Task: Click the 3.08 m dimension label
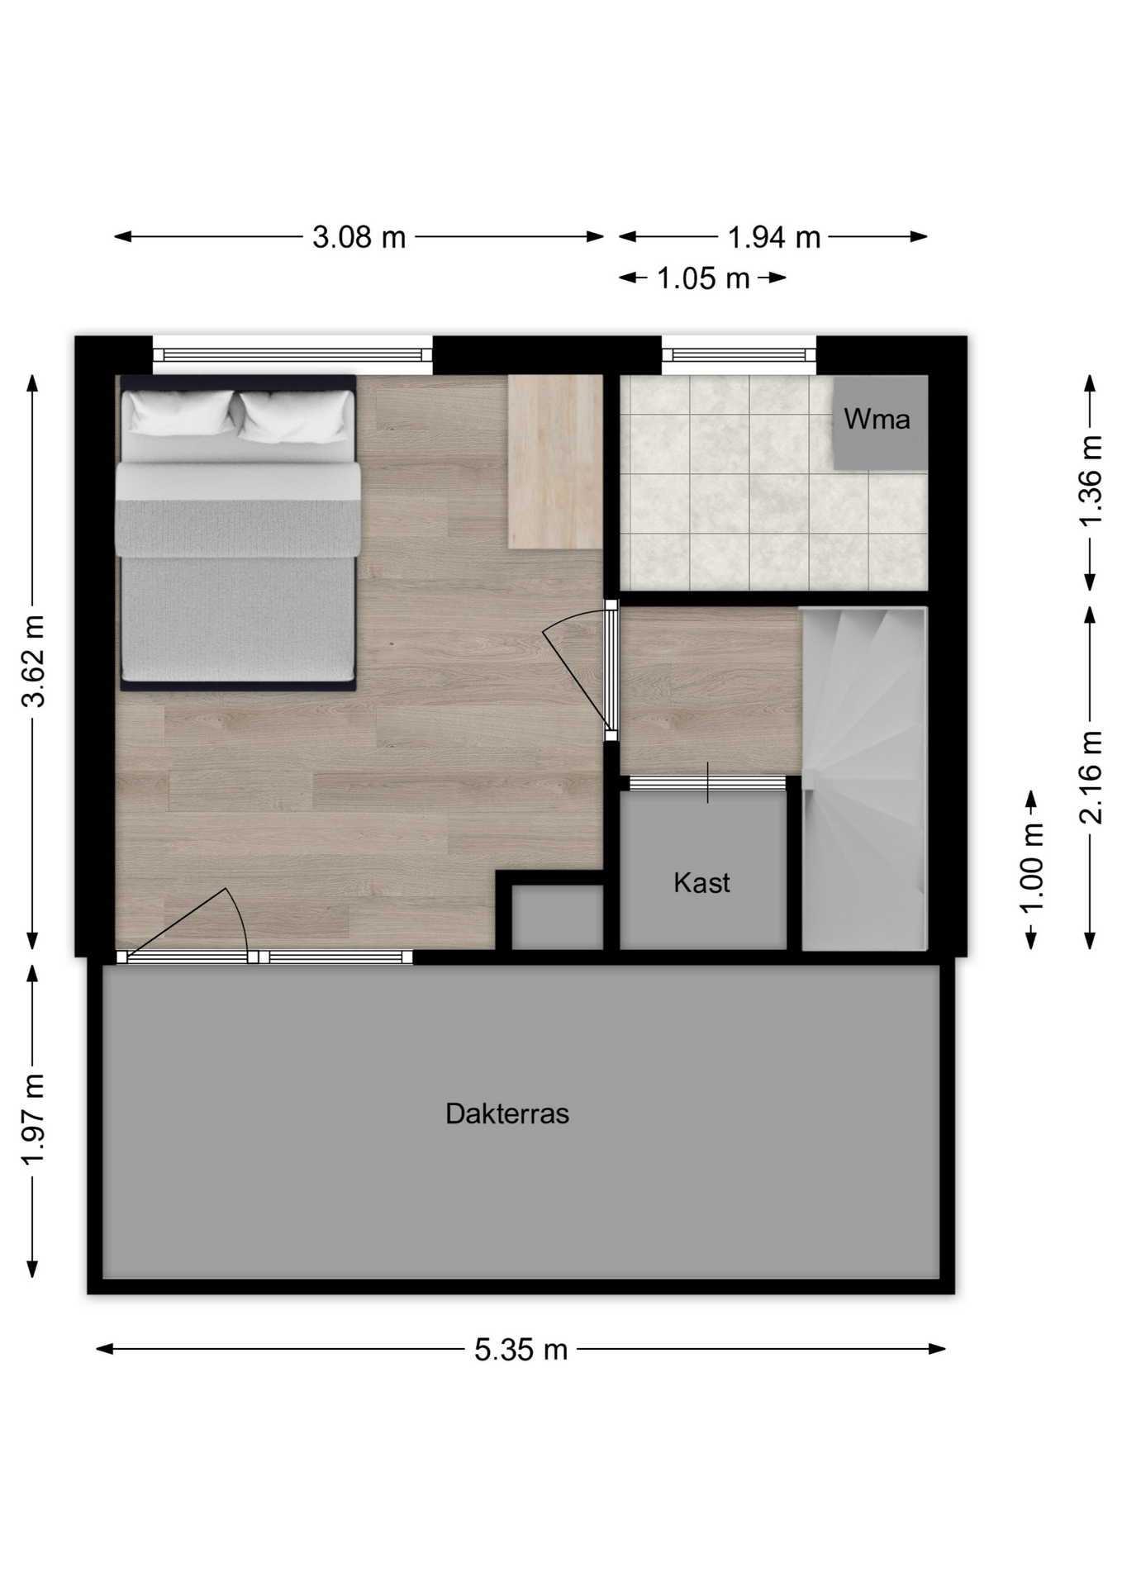point(359,238)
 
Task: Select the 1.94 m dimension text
point(774,238)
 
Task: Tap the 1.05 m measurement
point(703,278)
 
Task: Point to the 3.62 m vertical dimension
point(34,661)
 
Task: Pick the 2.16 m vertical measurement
point(1091,777)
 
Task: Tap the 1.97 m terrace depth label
point(34,1119)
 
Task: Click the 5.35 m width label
point(521,1350)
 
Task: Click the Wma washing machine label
point(877,420)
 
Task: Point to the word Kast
point(701,882)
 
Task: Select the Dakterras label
point(507,1114)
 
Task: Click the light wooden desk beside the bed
point(555,461)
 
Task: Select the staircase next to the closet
point(864,779)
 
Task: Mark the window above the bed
point(292,355)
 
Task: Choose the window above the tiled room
point(739,355)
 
